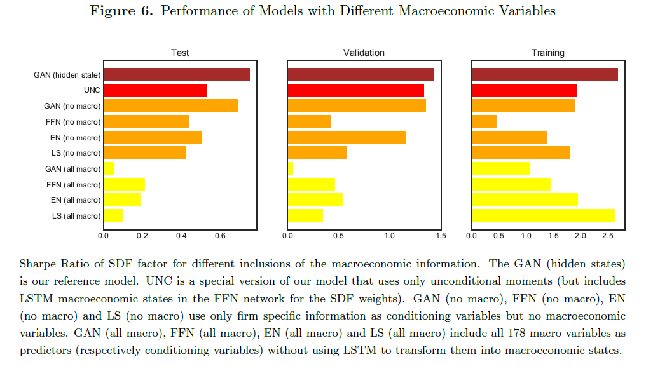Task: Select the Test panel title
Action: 180,53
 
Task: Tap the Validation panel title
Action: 364,53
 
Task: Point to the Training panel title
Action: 548,53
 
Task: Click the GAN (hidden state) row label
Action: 67,74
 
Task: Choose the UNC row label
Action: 92,90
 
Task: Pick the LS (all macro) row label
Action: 76,215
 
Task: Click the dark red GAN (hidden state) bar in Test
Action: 177,74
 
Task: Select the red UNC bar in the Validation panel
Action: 356,90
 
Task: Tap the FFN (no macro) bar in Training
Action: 484,121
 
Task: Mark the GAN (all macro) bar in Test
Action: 109,168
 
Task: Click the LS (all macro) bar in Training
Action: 544,215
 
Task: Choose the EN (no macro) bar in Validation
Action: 347,137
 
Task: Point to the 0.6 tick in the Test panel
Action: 220,235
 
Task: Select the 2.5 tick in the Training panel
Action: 608,235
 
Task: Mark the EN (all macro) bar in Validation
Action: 315,199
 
